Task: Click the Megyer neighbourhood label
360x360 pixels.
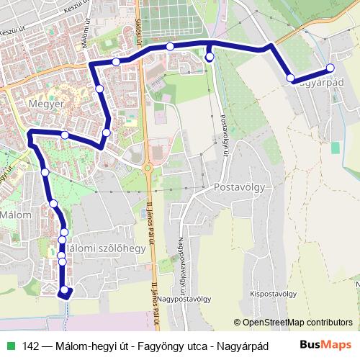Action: point(45,104)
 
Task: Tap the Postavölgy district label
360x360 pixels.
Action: point(240,187)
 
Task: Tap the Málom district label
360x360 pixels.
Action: point(15,215)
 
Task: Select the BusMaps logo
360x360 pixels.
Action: point(325,345)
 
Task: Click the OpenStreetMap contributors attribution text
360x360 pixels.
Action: point(292,323)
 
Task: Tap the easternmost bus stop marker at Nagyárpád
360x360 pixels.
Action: point(330,68)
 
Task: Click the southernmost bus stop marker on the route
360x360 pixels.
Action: point(65,290)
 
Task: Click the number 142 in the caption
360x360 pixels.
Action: point(32,346)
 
